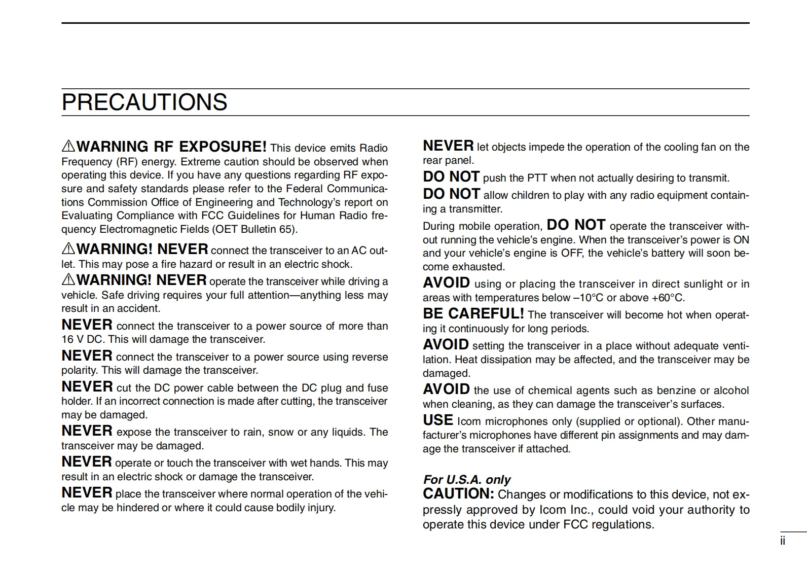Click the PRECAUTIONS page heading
tap(144, 102)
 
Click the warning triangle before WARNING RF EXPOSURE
tap(68, 147)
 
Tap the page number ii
tap(783, 541)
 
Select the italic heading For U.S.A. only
tap(467, 479)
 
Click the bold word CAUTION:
tap(458, 494)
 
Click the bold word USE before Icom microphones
tap(438, 420)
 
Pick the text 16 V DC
tap(82, 339)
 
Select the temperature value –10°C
tap(588, 298)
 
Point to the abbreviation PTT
tap(537, 178)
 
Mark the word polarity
tap(79, 370)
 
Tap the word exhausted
tap(478, 267)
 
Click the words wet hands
tap(317, 463)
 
